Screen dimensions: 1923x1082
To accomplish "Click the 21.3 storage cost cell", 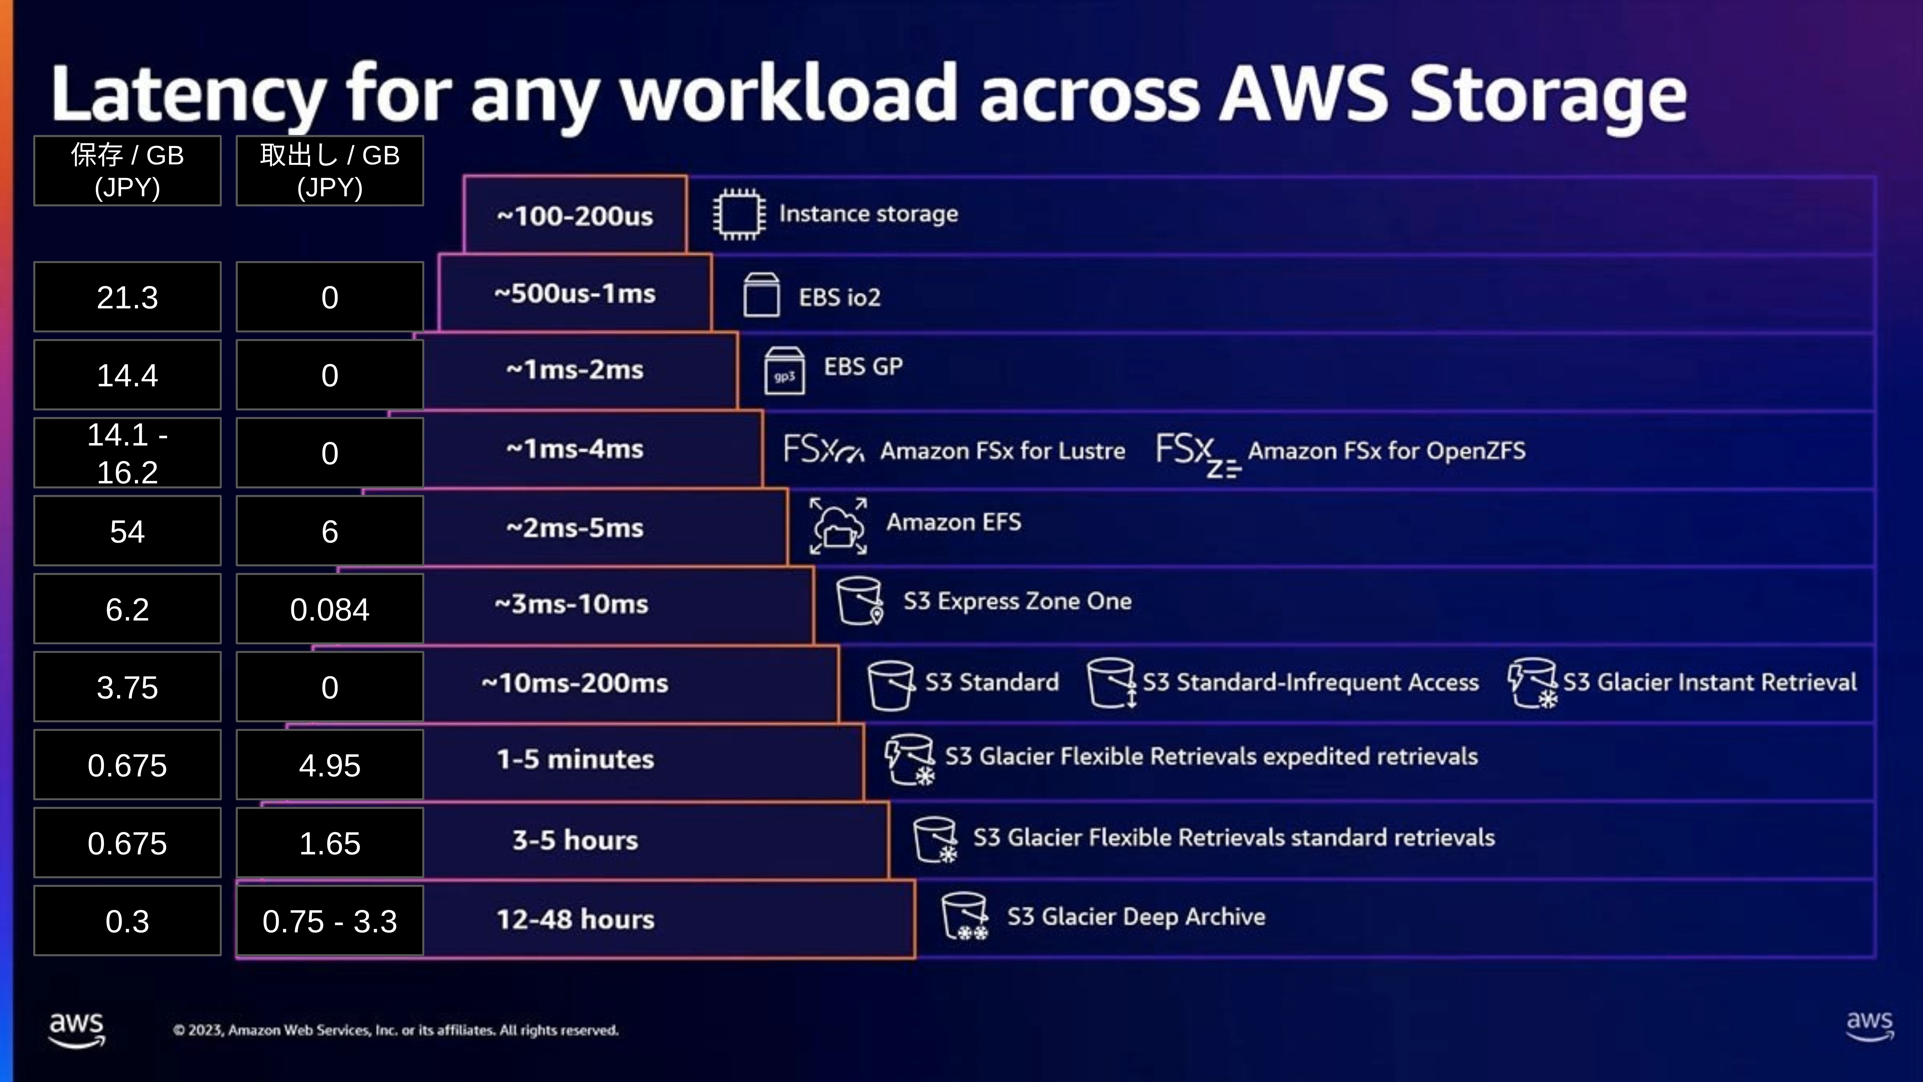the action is [128, 297].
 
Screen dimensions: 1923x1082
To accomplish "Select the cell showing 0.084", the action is [330, 609].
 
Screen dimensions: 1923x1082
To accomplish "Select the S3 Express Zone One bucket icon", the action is [860, 600].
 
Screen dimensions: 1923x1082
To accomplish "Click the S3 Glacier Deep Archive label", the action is [1136, 917].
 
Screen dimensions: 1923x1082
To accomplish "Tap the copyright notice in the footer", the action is [396, 1030].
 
